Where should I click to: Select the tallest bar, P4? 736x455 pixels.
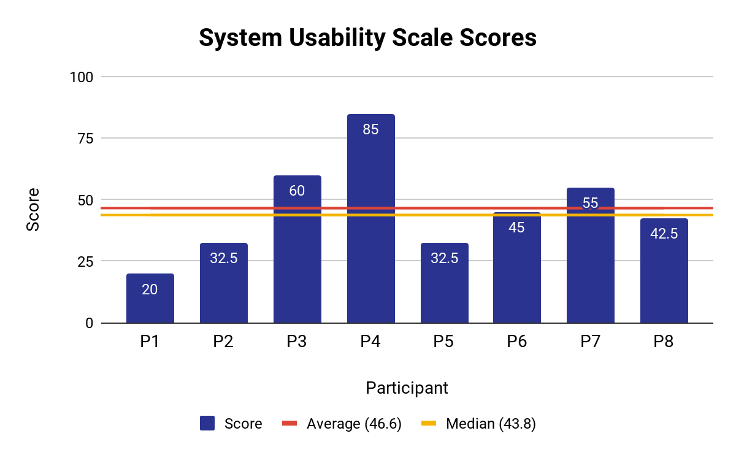(370, 221)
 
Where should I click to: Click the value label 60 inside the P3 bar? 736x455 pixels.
(297, 191)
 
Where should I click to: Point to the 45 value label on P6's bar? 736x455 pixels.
(517, 227)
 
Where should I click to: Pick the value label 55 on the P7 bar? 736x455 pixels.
(590, 203)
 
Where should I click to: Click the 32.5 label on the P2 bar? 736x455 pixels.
(223, 258)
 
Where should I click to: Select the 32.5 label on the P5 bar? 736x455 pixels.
(444, 258)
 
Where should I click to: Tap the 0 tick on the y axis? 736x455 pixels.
(89, 323)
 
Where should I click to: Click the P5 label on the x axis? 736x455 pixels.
(444, 342)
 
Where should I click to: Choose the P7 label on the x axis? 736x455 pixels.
(590, 342)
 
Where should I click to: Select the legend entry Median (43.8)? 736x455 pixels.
(491, 424)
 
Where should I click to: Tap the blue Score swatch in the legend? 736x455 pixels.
(207, 424)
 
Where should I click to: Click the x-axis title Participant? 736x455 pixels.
(407, 388)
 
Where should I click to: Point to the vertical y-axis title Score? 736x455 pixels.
(33, 209)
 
